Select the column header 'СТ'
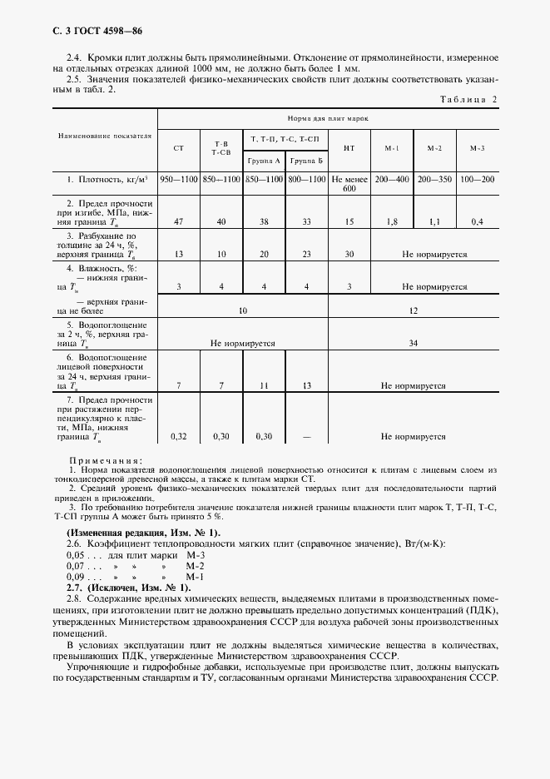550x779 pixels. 178,148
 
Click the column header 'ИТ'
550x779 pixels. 349,148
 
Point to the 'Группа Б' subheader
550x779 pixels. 307,160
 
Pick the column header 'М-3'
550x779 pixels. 477,148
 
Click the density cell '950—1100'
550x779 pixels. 178,179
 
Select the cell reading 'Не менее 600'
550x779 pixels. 349,184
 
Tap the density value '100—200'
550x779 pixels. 477,179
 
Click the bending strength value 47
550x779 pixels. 178,221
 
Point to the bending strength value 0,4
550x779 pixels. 477,221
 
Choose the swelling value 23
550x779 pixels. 307,254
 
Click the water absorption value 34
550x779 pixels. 414,342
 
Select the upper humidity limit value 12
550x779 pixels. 414,310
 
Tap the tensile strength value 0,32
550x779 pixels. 178,435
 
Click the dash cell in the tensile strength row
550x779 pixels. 307,435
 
